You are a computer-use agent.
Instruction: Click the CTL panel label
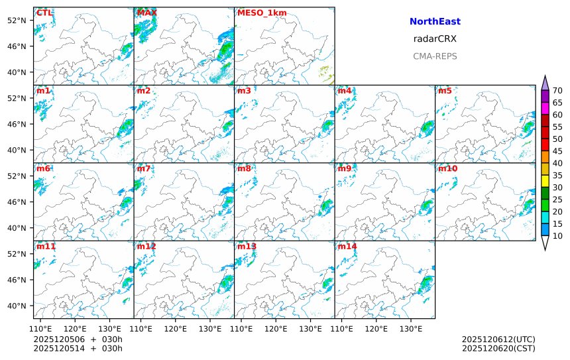click(x=44, y=13)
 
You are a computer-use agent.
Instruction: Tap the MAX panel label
click(x=146, y=13)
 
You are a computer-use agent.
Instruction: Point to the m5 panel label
click(x=445, y=90)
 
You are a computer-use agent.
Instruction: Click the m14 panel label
click(x=347, y=247)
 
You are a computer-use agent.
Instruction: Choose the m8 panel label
click(x=244, y=168)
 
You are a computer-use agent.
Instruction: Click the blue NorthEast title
click(x=435, y=22)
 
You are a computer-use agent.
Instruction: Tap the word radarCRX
click(x=435, y=39)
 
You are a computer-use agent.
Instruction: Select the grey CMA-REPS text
click(x=435, y=56)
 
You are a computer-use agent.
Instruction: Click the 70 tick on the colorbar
click(x=557, y=91)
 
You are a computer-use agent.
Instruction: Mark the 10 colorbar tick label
click(x=557, y=236)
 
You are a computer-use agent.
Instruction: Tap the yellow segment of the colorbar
click(x=545, y=180)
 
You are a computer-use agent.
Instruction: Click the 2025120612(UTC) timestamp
click(x=498, y=339)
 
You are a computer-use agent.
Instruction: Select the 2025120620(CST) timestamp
click(x=498, y=348)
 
